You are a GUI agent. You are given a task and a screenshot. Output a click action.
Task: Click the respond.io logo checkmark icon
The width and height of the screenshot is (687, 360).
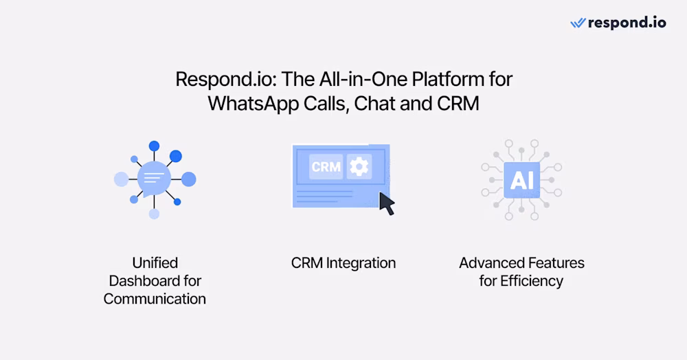[x=578, y=23]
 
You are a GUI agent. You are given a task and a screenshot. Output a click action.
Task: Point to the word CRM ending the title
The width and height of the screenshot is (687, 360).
[x=460, y=104]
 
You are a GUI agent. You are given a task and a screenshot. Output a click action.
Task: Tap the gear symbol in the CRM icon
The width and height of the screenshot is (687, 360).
[x=359, y=166]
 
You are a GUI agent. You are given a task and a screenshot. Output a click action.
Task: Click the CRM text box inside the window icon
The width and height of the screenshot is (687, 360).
[x=326, y=166]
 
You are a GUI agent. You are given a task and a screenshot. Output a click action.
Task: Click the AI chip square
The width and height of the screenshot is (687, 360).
[x=521, y=180]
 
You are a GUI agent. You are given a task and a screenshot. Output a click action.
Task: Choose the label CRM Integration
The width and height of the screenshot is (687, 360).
[x=343, y=262]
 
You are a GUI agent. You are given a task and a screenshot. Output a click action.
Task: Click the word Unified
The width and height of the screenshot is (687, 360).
[x=155, y=262]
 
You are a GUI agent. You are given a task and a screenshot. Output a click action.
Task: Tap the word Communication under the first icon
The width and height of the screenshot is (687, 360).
[x=155, y=298]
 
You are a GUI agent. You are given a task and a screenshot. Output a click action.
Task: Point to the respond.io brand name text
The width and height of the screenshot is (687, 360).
[x=627, y=23]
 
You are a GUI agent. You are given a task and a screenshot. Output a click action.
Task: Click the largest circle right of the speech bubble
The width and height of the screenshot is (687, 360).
[x=189, y=179]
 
